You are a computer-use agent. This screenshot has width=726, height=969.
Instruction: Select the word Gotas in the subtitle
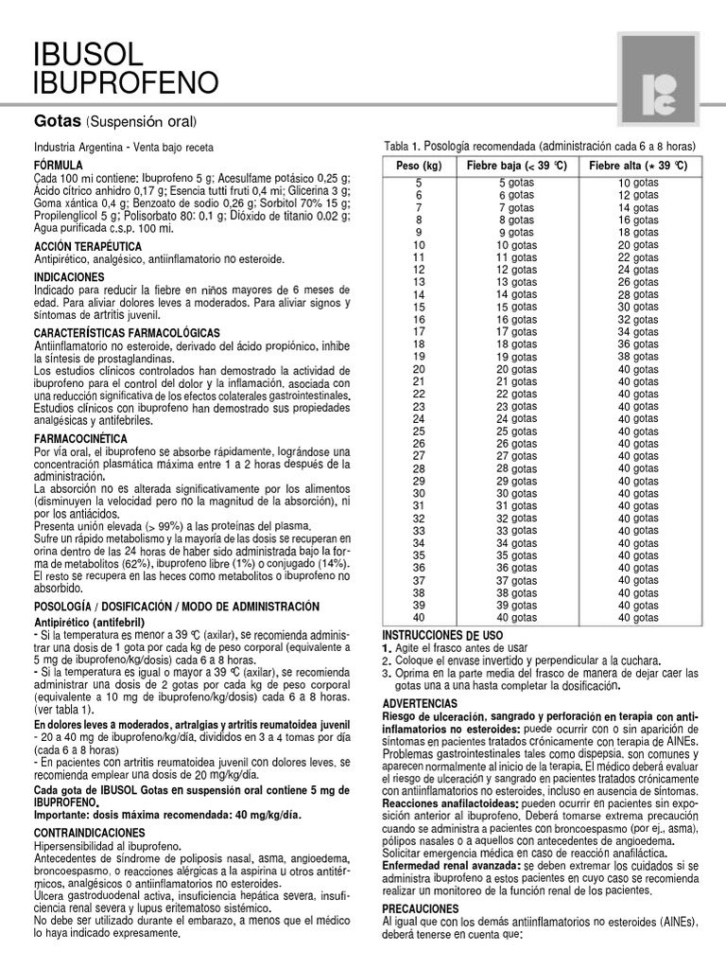coord(58,122)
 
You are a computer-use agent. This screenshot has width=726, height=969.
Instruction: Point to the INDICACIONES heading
coord(74,276)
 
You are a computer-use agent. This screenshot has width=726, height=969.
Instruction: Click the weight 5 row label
coord(419,183)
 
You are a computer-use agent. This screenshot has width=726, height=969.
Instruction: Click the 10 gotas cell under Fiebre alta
coord(638,183)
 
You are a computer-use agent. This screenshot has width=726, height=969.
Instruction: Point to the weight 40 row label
coord(419,617)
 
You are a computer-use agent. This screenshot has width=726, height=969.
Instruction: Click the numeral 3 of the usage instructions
coord(386,673)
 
